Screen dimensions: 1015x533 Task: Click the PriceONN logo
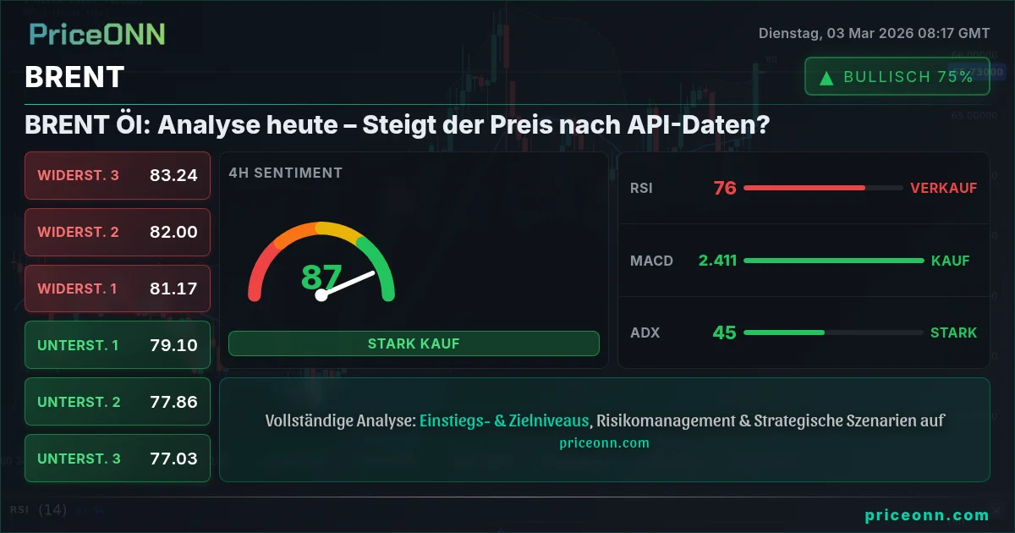(x=97, y=35)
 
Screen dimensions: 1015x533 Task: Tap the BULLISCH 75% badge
(x=897, y=77)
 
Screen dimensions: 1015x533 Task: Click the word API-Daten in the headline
(x=699, y=124)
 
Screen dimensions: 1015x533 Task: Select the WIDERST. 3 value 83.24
(x=173, y=175)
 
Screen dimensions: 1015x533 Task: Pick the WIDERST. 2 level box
(x=118, y=232)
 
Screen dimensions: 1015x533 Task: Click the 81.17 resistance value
(x=173, y=288)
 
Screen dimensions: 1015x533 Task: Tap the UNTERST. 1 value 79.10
(x=173, y=345)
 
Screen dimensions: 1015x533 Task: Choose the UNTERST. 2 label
(x=79, y=402)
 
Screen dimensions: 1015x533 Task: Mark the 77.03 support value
(x=173, y=459)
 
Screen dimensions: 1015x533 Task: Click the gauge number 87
(x=321, y=277)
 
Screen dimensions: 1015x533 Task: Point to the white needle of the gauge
(x=346, y=284)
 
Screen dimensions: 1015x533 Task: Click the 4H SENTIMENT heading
(x=286, y=173)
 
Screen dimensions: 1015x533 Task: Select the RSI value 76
(x=725, y=188)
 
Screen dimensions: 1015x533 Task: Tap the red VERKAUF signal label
(x=943, y=188)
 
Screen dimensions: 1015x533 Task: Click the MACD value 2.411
(x=718, y=261)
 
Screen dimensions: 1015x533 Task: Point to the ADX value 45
(x=725, y=332)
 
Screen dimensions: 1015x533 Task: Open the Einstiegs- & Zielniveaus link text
(x=504, y=420)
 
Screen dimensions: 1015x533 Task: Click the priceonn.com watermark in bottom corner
(x=927, y=515)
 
